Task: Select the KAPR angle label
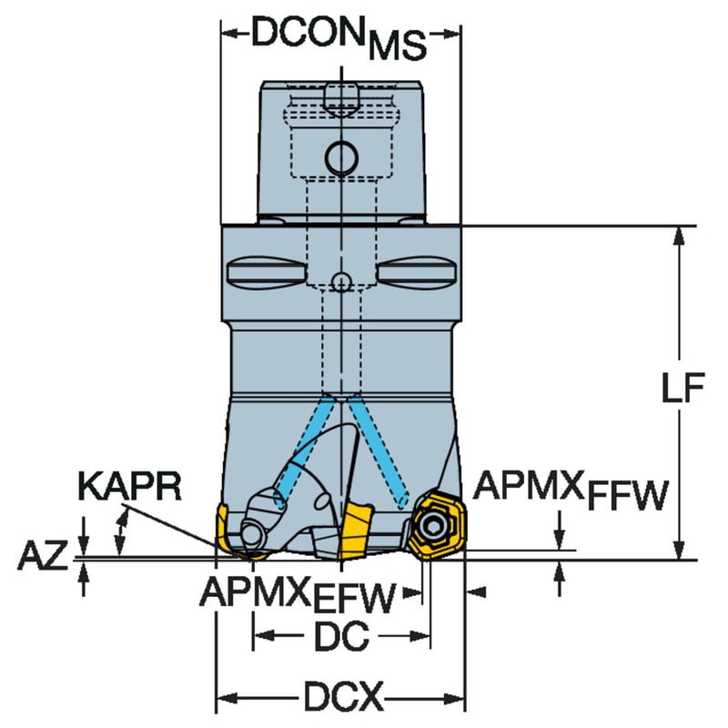point(129,486)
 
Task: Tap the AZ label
point(42,555)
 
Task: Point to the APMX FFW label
point(571,490)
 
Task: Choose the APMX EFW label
point(298,595)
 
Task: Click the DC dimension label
point(341,636)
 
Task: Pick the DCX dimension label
point(344,696)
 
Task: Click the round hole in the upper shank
point(342,157)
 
